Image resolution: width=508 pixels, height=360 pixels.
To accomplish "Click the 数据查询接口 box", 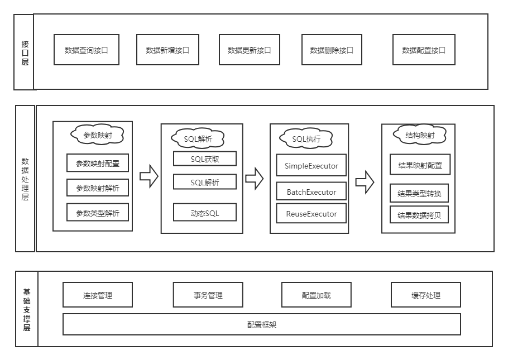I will point(87,50).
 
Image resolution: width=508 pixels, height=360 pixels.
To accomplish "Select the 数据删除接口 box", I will point(332,50).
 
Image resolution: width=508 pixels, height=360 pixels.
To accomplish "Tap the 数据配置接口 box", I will point(424,50).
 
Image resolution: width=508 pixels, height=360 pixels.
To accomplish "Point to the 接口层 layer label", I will point(25,52).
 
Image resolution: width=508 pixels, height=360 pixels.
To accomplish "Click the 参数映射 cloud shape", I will point(97,135).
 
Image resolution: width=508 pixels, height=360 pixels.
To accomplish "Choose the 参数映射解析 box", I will point(97,188).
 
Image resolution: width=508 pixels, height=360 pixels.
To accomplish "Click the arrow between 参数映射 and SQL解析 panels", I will point(148,177).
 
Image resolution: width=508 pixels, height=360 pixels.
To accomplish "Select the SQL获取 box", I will point(204,159).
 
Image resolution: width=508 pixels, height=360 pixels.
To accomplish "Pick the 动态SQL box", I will point(204,213).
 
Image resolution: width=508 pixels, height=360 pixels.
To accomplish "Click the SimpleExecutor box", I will point(311,166).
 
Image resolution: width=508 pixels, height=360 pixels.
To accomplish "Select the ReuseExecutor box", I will point(311,214).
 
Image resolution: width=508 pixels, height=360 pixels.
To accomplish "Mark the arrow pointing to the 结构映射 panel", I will point(365,182).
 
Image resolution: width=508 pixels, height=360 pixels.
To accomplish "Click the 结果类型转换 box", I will point(419,194).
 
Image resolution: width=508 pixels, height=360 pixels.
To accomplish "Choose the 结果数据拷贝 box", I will point(419,215).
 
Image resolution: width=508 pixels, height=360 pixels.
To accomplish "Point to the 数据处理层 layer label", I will point(25,179).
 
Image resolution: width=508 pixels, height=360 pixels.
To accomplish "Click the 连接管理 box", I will point(98,295).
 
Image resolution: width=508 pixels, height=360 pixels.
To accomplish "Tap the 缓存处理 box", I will point(426,295).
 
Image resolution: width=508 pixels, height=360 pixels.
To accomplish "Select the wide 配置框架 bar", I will point(261,324).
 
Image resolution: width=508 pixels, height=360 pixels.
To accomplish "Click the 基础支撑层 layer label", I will point(26,309).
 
